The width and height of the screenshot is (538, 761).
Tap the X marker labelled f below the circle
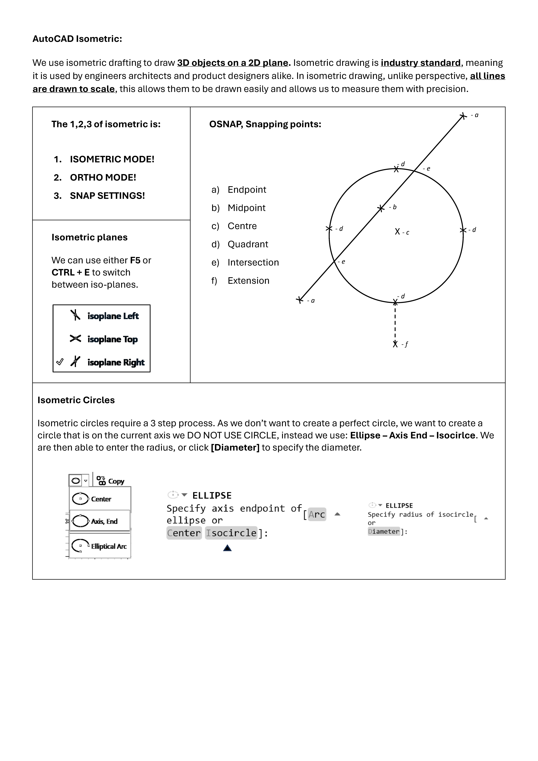(395, 344)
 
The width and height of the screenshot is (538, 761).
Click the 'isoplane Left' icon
(75, 315)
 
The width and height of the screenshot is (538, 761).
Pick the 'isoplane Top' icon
(75, 338)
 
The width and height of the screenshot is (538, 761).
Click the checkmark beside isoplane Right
(60, 362)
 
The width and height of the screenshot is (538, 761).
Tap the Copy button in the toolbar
(110, 481)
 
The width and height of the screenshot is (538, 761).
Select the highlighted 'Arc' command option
(317, 514)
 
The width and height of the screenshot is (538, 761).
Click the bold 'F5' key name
(135, 260)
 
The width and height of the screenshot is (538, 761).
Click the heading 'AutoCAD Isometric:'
(77, 39)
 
